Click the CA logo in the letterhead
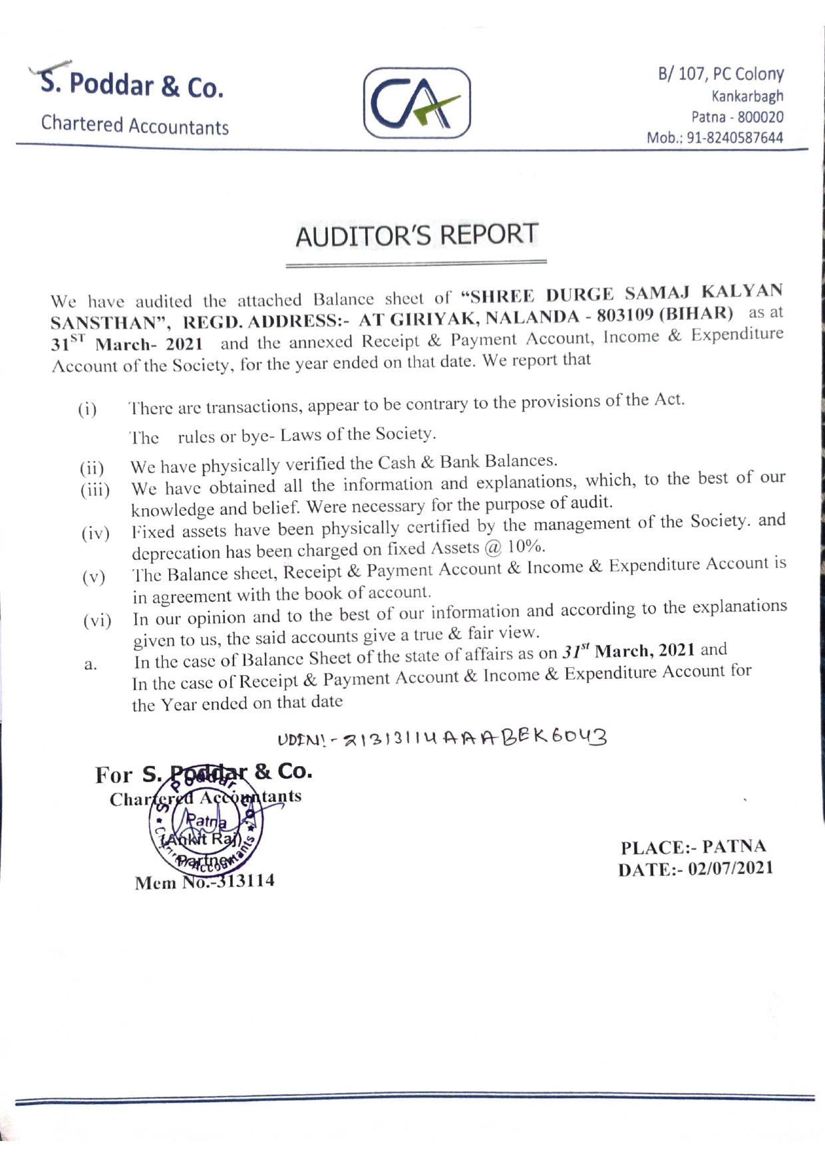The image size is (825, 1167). click(416, 103)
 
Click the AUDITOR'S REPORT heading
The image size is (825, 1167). click(416, 235)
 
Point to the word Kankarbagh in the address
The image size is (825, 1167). click(747, 96)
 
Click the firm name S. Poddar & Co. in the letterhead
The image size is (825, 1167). click(132, 85)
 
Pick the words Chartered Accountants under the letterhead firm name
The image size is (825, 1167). click(134, 125)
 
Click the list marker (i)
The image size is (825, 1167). click(87, 410)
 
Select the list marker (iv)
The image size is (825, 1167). click(95, 534)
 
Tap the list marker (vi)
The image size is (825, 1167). click(96, 621)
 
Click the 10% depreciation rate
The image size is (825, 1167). click(526, 547)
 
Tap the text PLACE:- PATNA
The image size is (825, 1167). click(693, 847)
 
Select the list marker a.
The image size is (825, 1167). click(90, 664)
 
